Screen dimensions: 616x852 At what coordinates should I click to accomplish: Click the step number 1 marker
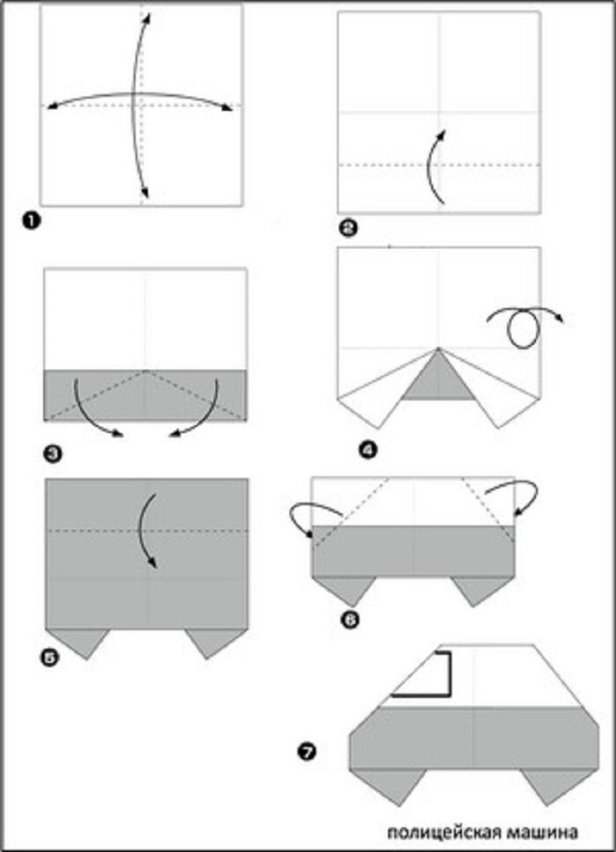pyautogui.click(x=32, y=222)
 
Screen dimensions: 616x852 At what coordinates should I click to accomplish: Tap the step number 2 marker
pyautogui.click(x=348, y=229)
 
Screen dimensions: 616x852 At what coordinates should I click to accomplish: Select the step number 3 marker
pyautogui.click(x=53, y=453)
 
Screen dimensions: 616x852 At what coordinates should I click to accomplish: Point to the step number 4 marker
pyautogui.click(x=368, y=450)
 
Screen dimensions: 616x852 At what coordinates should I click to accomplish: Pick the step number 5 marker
pyautogui.click(x=49, y=658)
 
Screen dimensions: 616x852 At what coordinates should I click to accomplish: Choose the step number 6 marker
pyautogui.click(x=352, y=620)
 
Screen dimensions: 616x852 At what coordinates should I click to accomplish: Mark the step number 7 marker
pyautogui.click(x=307, y=753)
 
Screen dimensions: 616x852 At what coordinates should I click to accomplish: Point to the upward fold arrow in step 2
pyautogui.click(x=433, y=167)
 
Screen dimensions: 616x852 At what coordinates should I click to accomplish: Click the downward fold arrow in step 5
pyautogui.click(x=145, y=531)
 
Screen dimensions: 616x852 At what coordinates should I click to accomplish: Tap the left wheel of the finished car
pyautogui.click(x=390, y=787)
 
